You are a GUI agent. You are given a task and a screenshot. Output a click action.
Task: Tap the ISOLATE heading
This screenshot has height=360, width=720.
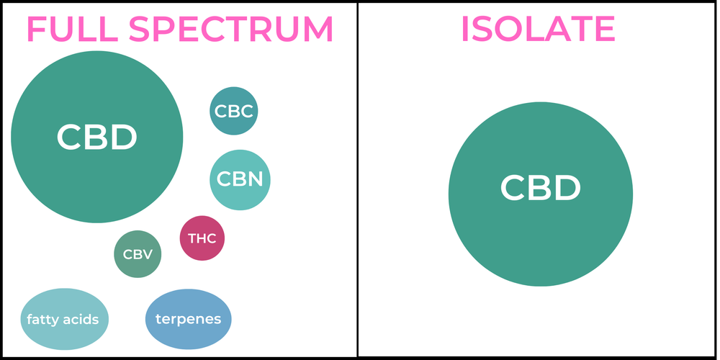(x=538, y=29)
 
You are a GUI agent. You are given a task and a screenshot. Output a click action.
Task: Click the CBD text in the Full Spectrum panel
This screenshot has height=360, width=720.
(x=96, y=138)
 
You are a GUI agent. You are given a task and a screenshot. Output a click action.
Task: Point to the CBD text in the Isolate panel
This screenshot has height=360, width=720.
(x=540, y=189)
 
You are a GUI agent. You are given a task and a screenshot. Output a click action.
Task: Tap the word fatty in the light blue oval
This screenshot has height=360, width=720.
(x=42, y=319)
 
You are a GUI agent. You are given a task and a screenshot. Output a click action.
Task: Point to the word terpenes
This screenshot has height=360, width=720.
(x=188, y=318)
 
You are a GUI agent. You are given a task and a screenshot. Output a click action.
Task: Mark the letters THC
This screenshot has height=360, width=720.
(x=202, y=238)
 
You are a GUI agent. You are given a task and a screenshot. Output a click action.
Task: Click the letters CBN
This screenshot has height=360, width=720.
(x=240, y=179)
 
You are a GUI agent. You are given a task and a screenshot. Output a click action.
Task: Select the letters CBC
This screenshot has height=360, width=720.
(x=234, y=112)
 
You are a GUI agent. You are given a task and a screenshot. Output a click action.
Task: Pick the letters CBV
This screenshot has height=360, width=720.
(x=138, y=254)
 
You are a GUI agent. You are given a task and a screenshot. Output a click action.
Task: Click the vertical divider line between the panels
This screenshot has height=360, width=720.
(x=358, y=180)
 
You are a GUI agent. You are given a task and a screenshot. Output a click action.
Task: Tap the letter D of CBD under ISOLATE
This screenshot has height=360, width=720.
(x=565, y=189)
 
